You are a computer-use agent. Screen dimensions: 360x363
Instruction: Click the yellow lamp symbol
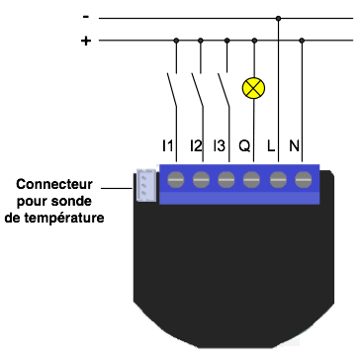[255, 88]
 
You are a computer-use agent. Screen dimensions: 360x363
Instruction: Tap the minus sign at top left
[86, 17]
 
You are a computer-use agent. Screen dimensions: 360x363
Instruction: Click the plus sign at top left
[86, 41]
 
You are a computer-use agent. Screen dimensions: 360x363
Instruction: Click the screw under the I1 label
[177, 179]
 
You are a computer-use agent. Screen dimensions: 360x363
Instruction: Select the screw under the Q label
[251, 179]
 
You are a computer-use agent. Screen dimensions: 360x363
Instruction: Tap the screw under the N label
[302, 179]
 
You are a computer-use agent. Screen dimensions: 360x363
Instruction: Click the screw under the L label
[277, 179]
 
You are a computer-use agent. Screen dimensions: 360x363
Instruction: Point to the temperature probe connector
[144, 184]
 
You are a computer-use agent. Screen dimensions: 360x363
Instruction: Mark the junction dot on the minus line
[279, 18]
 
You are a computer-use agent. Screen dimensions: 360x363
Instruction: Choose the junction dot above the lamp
[255, 41]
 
